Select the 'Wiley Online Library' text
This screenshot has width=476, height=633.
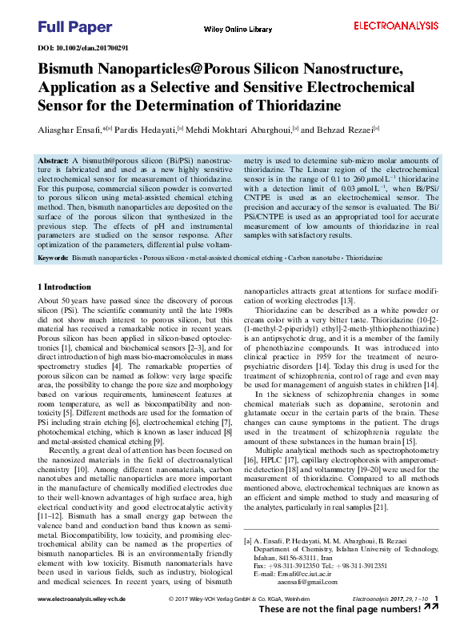(x=238, y=30)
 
